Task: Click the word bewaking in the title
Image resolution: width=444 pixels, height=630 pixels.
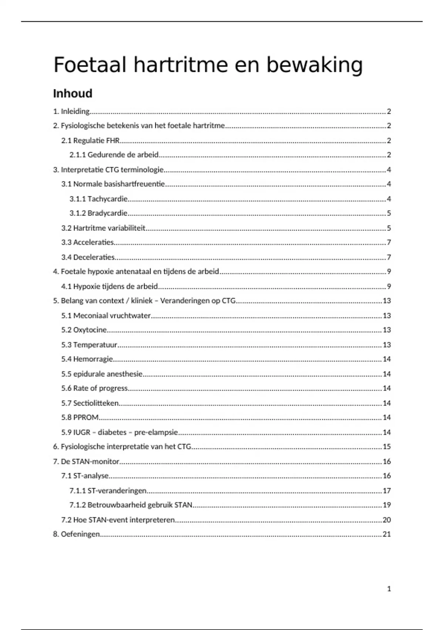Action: click(314, 65)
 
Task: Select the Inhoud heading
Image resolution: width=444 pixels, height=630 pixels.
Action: click(73, 93)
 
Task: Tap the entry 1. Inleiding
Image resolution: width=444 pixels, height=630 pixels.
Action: click(71, 111)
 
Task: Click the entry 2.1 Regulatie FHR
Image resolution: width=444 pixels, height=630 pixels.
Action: click(91, 140)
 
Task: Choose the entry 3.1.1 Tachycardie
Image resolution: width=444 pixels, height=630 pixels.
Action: click(99, 199)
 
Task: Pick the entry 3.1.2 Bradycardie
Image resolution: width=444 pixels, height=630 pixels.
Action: click(99, 213)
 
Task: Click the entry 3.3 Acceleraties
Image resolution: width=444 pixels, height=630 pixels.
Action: click(88, 242)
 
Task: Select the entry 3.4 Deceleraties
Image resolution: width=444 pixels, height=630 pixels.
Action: click(88, 257)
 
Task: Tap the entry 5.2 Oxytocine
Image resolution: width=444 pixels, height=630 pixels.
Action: click(84, 330)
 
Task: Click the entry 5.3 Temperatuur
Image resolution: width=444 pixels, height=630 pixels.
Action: click(89, 345)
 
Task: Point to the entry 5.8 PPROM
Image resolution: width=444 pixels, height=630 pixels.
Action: click(80, 417)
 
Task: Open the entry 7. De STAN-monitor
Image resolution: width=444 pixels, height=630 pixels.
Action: click(86, 461)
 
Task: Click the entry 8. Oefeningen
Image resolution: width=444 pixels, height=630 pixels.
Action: click(77, 534)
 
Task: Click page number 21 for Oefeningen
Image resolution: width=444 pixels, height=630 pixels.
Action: click(387, 534)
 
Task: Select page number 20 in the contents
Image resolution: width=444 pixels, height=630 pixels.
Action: click(387, 520)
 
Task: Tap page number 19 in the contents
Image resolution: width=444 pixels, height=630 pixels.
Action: click(387, 505)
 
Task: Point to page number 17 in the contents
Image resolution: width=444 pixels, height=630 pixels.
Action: click(387, 491)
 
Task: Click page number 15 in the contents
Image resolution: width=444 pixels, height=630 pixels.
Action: click(387, 447)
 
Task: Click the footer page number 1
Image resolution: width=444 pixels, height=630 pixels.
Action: click(389, 588)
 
